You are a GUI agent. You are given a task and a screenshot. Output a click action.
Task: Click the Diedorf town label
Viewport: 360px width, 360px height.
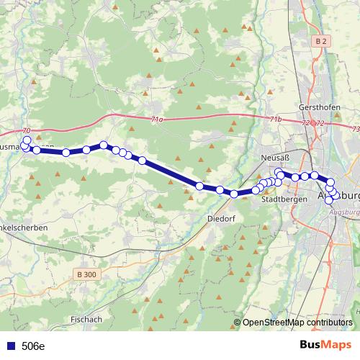pyautogui.click(x=220, y=217)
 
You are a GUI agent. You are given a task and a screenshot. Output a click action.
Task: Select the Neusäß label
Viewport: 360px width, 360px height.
pyautogui.click(x=274, y=157)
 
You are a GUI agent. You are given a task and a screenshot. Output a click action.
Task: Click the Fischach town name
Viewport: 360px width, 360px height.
pyautogui.click(x=86, y=319)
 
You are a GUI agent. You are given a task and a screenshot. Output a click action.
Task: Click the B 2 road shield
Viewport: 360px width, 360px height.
pyautogui.click(x=321, y=42)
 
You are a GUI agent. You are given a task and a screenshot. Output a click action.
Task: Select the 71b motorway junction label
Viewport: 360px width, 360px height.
pyautogui.click(x=274, y=119)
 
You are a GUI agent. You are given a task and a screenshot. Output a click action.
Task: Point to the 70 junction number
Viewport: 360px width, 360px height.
pyautogui.click(x=27, y=130)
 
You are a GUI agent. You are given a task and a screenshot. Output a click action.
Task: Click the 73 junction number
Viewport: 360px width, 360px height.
pyautogui.click(x=356, y=128)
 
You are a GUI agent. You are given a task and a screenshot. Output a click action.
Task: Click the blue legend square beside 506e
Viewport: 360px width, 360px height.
pyautogui.click(x=11, y=346)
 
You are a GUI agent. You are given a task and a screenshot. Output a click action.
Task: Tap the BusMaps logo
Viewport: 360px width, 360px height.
pyautogui.click(x=326, y=345)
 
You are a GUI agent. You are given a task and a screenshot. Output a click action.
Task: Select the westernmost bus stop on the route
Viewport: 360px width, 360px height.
pyautogui.click(x=24, y=146)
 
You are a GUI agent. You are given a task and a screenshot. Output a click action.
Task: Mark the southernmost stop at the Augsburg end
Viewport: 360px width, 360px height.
pyautogui.click(x=330, y=200)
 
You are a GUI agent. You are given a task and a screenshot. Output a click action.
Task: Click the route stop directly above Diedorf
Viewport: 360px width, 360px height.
pyautogui.click(x=220, y=190)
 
